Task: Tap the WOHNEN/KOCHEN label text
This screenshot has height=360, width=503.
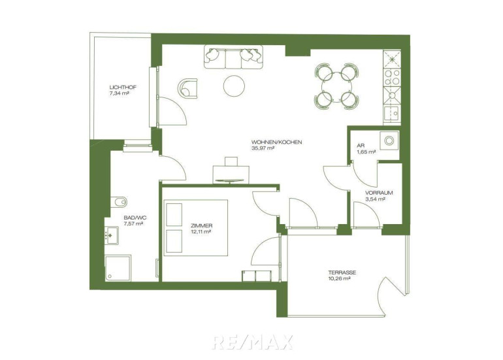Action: [276, 142]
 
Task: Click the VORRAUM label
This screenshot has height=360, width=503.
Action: [379, 193]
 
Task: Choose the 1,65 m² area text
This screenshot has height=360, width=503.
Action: [366, 152]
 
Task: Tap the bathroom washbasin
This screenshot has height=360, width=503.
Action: [111, 236]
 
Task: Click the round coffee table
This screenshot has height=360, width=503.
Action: [234, 86]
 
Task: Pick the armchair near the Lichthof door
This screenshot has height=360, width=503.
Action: [187, 88]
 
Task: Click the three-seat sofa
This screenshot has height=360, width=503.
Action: [234, 57]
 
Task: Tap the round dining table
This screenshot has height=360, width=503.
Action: [336, 87]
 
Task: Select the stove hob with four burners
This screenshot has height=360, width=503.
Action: [392, 77]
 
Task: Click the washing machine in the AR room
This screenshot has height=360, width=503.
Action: [389, 140]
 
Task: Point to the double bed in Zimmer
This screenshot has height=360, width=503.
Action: [196, 228]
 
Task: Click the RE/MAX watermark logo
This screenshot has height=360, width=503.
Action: [252, 342]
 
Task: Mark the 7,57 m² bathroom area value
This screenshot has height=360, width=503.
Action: [133, 223]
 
